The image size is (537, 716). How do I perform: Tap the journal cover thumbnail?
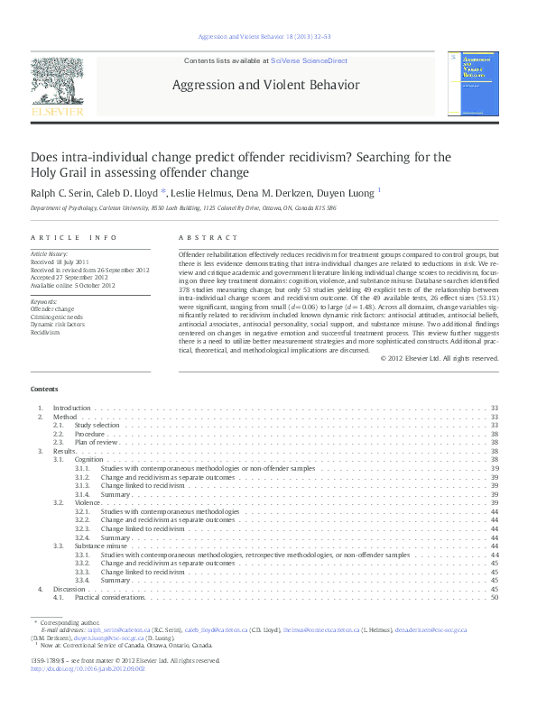tap(477, 84)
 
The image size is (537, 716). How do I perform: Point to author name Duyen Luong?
tap(348, 191)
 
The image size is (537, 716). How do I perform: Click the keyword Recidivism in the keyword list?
tap(44, 332)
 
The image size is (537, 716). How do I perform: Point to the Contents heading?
tap(44, 389)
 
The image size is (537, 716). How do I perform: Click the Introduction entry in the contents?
tap(71, 408)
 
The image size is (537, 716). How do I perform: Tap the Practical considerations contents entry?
tap(109, 597)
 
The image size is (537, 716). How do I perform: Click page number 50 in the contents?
tap(495, 597)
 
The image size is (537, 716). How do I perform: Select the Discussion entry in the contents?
tap(69, 588)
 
